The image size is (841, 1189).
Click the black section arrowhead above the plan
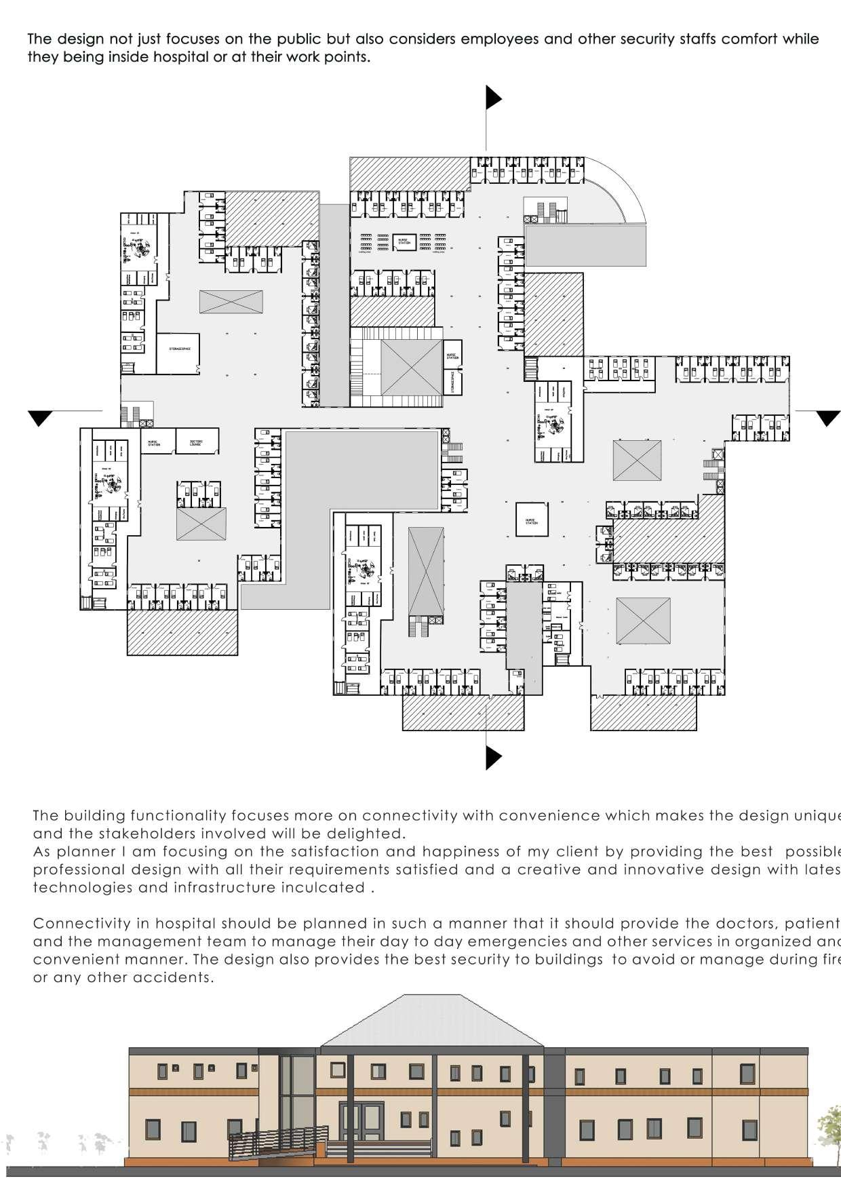point(492,98)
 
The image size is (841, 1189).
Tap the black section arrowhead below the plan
point(493,756)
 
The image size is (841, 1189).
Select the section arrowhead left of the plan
point(41,418)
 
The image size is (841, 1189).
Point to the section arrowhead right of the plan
point(827,418)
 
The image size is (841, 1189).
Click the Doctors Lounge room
point(197,442)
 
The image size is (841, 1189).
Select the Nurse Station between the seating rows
point(404,241)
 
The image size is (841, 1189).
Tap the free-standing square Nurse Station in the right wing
point(531,520)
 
